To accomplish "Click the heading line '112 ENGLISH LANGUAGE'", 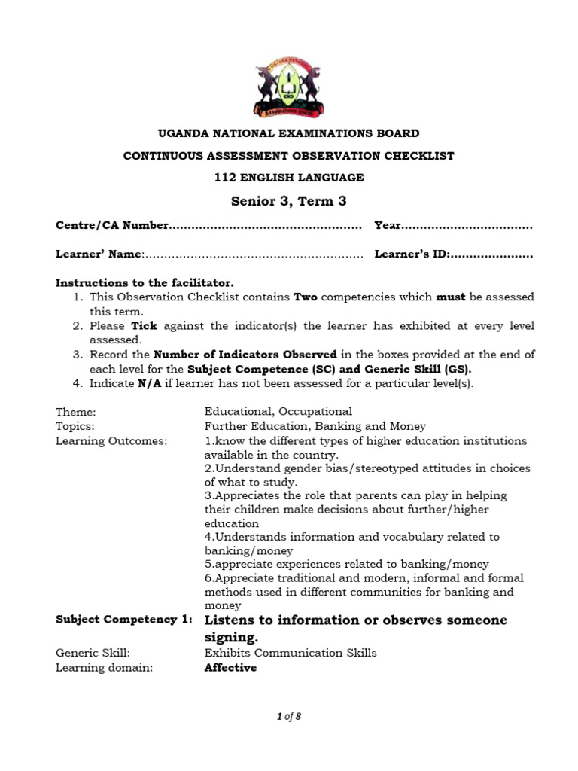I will click(x=289, y=178).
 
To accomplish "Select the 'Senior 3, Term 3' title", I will click(x=289, y=201).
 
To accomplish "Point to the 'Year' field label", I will click(x=388, y=226).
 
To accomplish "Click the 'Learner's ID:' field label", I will click(x=412, y=254).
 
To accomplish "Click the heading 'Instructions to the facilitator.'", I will click(x=139, y=282).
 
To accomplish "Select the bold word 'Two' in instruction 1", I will click(x=305, y=297).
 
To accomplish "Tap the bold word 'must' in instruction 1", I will click(x=451, y=297).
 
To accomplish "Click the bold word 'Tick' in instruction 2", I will click(x=144, y=326).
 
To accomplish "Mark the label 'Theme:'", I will click(x=76, y=412).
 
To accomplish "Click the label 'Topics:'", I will click(x=75, y=426).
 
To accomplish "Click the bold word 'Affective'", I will click(x=230, y=668).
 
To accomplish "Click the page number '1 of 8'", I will click(x=288, y=716).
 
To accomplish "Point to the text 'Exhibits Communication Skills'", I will click(x=291, y=653).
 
